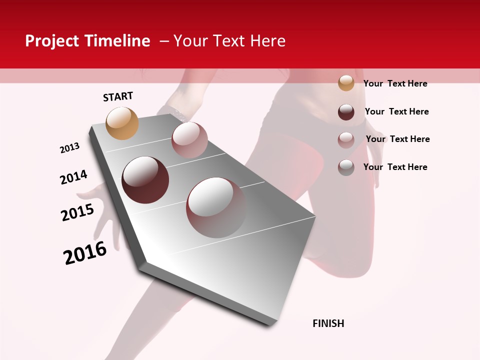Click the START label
(x=118, y=96)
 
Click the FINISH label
(x=328, y=323)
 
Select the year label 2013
(x=70, y=148)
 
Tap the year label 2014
(x=73, y=177)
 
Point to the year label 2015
(x=77, y=212)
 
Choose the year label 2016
(x=85, y=252)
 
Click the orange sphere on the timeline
(x=122, y=123)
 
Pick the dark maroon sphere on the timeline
(x=145, y=180)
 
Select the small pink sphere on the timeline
(x=189, y=140)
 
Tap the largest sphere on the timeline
(x=216, y=207)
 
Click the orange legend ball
(x=346, y=83)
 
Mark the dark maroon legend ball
(x=346, y=112)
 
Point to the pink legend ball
(x=346, y=140)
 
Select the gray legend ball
(x=346, y=167)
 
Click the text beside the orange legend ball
(x=395, y=83)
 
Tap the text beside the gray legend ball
(x=395, y=167)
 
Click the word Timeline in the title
(x=118, y=41)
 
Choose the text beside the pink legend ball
(x=397, y=139)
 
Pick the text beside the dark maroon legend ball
(x=396, y=111)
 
